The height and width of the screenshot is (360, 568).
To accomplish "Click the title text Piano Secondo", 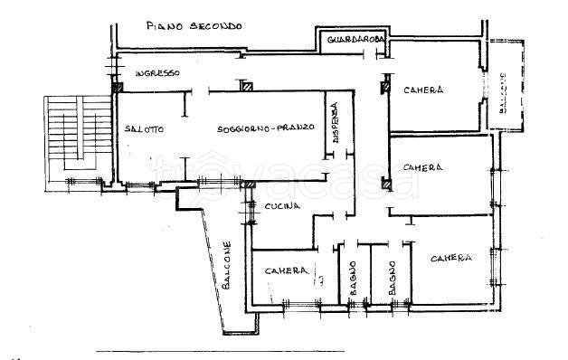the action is (194, 26).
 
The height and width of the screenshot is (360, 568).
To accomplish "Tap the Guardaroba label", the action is (355, 40).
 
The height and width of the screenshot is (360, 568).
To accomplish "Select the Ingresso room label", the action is (157, 73).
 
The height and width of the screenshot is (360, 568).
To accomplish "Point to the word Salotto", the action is (144, 129).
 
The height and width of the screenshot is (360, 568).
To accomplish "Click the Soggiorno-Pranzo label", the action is (266, 128).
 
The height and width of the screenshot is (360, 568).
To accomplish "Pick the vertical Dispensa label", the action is (335, 122).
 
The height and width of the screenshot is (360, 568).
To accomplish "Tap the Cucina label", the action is (282, 206).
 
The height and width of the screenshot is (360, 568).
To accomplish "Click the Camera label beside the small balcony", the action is (423, 90).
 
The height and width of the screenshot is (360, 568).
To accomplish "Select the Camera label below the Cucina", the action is (287, 271).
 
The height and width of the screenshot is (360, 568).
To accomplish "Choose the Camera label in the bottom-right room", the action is (451, 258).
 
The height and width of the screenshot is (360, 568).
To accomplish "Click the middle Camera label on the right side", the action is (422, 167).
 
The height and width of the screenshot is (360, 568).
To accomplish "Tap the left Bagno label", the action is (353, 279).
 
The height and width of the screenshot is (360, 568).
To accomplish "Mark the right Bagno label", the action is (392, 279).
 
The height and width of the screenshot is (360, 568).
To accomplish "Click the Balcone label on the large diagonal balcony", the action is (226, 265).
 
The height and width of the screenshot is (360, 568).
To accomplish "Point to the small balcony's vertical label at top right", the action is (503, 93).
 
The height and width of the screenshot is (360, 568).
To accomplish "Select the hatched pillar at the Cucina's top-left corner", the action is (250, 185).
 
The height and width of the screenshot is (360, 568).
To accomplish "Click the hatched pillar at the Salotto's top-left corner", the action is (117, 87).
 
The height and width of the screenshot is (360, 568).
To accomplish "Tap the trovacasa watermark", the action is (284, 176).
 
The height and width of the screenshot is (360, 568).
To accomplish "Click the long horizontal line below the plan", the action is (220, 351).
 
